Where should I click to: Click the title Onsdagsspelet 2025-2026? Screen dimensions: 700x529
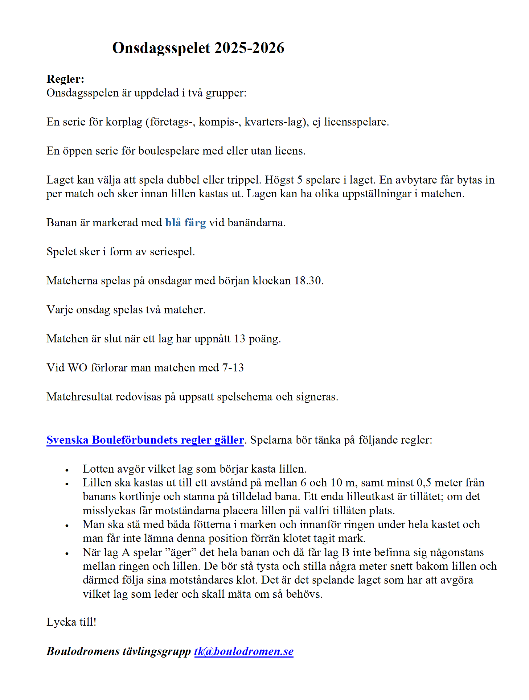(x=198, y=48)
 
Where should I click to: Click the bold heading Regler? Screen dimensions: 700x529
(x=65, y=79)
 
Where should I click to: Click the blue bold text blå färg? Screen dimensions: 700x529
(x=185, y=223)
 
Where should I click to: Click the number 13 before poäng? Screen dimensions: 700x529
(x=239, y=339)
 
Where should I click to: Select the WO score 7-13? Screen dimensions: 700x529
(x=233, y=368)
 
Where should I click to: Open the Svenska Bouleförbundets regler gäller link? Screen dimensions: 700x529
(x=145, y=440)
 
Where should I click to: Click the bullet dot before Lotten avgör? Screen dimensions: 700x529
(x=67, y=470)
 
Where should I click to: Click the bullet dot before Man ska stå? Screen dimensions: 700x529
(x=67, y=526)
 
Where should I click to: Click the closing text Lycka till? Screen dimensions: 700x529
(x=71, y=622)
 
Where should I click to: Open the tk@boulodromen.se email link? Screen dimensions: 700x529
(x=244, y=651)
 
